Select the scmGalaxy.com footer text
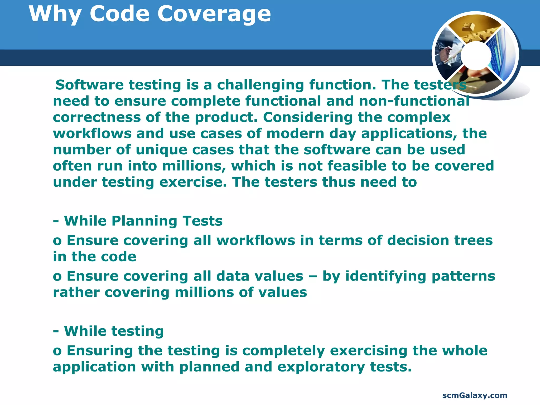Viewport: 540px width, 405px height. coord(475,395)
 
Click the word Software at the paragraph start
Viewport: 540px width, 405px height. coord(89,85)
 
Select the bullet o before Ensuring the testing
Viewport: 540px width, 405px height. coord(57,351)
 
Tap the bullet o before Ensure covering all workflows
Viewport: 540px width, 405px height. coord(57,241)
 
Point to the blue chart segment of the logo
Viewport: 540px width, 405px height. coord(501,55)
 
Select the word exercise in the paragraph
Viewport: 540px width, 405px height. coord(193,182)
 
